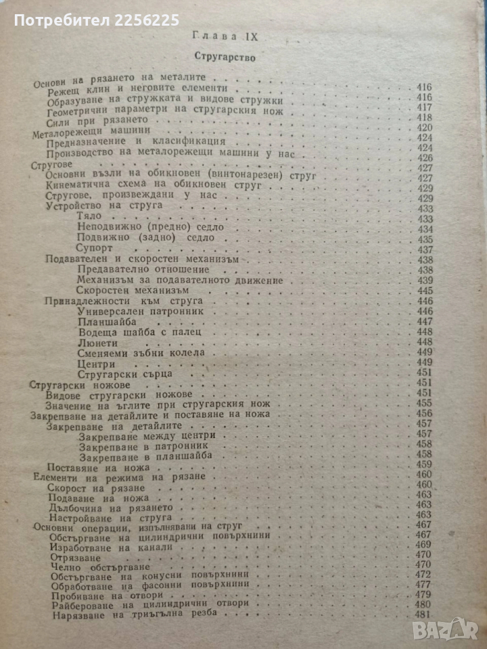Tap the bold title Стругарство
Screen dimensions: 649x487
[x=223, y=58]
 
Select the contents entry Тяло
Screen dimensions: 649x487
[x=90, y=216]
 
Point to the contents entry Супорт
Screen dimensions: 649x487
[x=96, y=248]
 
